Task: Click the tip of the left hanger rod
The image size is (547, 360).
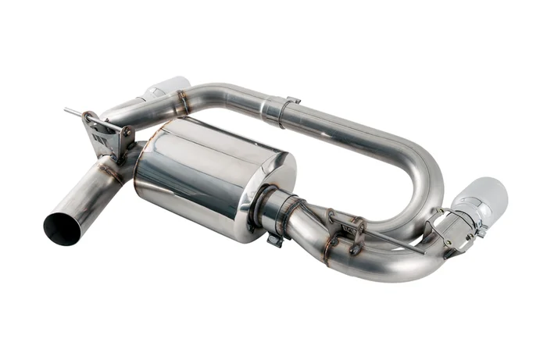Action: click(x=67, y=111)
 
